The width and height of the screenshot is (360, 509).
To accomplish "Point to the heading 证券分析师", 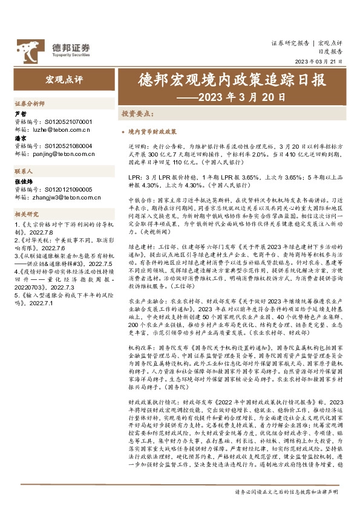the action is coord(28,103).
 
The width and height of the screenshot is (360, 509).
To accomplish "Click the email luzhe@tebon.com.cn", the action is coord(61,129).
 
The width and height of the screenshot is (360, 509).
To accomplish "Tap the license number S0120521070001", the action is coord(68,121).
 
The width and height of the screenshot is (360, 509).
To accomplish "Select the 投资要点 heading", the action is coord(137,113).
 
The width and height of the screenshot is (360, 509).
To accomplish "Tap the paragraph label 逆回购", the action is coord(137,146).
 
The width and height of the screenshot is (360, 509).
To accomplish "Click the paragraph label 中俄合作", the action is coord(139,198).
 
